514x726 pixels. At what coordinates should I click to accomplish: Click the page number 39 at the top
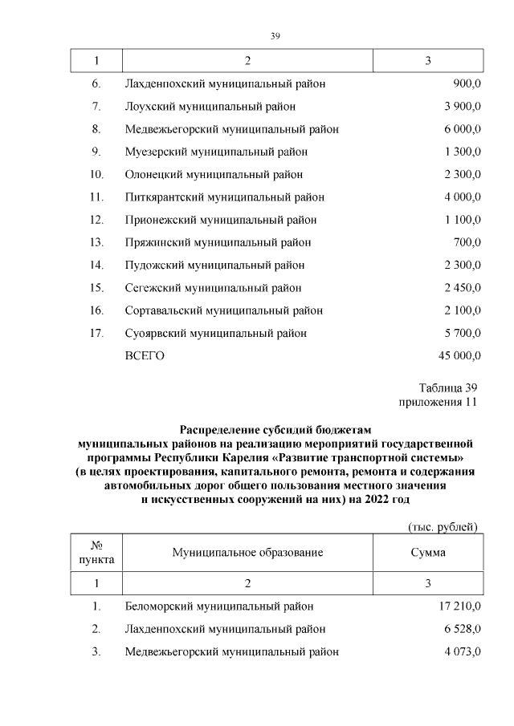point(275,36)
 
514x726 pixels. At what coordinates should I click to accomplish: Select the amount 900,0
point(467,83)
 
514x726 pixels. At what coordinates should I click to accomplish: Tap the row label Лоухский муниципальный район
point(210,106)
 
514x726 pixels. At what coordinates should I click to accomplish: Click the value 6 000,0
point(461,128)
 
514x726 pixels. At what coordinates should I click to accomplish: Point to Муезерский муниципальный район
point(216,152)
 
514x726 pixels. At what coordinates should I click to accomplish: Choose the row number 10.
point(96,174)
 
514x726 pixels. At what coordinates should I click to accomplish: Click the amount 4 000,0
point(461,197)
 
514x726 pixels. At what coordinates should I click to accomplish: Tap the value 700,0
point(467,242)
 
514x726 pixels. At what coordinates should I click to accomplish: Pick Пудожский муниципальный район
point(214,265)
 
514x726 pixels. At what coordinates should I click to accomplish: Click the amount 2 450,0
point(461,288)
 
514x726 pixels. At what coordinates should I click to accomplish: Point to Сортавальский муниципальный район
point(224,310)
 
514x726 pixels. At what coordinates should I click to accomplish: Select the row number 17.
point(96,333)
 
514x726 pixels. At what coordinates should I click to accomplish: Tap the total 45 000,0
point(459,356)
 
